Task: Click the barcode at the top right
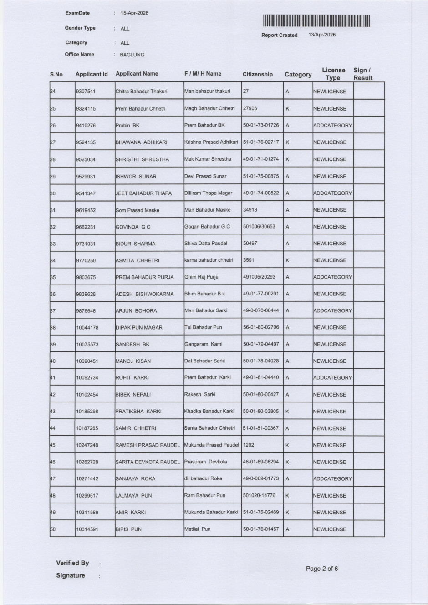pos(316,21)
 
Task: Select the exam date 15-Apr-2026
pos(134,13)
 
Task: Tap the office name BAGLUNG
pos(132,55)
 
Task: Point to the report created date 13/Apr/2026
pos(322,35)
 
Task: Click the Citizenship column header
pos(258,74)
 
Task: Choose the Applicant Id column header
pos(92,74)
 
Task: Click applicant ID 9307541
pos(86,92)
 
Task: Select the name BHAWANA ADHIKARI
pos(141,142)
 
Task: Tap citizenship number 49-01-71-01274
pos(261,159)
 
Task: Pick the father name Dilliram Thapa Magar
pos(208,193)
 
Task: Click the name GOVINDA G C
pos(133,227)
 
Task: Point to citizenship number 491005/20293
pos(259,277)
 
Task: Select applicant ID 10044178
pos(87,328)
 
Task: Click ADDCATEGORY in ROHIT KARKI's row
pos(332,378)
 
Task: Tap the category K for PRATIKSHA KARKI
pos(287,412)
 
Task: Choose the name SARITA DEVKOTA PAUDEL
pos(148,462)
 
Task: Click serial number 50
pos(53,529)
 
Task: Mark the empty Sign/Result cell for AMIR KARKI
pos(369,513)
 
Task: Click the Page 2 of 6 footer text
pos(322,569)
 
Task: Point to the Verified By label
pos(72,563)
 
